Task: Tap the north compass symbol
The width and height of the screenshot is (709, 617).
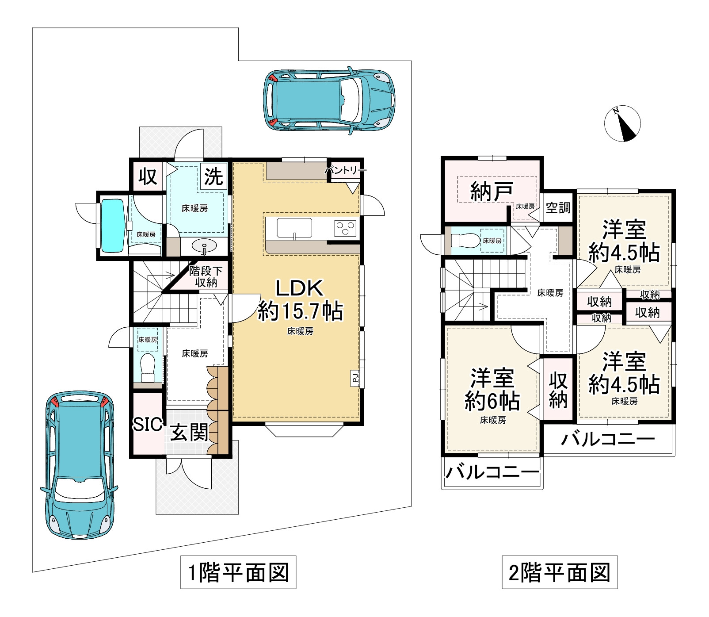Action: [x=622, y=124]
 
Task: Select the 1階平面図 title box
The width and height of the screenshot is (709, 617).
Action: [x=238, y=572]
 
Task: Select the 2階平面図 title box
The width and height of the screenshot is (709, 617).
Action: [x=560, y=572]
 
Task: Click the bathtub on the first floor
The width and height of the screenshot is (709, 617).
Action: [x=113, y=226]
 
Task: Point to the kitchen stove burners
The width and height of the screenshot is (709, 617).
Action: [x=345, y=228]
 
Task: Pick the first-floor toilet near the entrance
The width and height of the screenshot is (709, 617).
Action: [x=147, y=367]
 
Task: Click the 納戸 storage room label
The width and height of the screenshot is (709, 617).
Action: [x=492, y=192]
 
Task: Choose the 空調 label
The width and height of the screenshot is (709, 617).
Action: [x=558, y=207]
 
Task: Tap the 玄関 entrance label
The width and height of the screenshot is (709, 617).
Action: [x=189, y=432]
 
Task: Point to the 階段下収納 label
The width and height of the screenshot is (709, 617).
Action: [x=206, y=277]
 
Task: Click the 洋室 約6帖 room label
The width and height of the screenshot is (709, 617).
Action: [x=492, y=390]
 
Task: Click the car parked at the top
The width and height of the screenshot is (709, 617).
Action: [x=329, y=100]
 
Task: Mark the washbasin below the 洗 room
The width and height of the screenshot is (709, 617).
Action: [x=204, y=245]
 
